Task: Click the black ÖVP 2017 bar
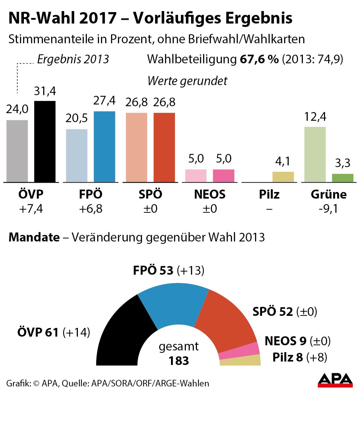tap(45, 141)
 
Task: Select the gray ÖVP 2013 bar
tap(17, 151)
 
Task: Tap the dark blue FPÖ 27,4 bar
tap(104, 147)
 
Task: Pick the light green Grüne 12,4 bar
tap(315, 154)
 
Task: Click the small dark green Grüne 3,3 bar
tap(342, 178)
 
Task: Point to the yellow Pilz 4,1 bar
tap(283, 177)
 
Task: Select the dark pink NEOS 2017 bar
tap(223, 176)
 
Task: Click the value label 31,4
tap(45, 91)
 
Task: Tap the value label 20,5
tap(76, 118)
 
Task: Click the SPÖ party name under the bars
tap(150, 194)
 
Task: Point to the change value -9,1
tap(328, 209)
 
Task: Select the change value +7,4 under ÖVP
tap(31, 209)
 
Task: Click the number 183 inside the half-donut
tap(179, 361)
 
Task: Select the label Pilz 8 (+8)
tap(299, 357)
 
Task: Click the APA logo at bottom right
tap(335, 380)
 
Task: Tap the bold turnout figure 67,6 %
tap(259, 59)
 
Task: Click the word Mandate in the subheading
tap(34, 237)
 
